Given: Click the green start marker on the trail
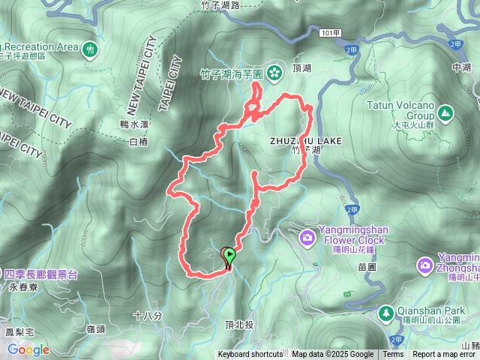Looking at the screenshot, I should tap(228, 256).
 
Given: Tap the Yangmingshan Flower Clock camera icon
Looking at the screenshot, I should tap(307, 238).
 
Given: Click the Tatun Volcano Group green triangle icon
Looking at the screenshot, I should tap(446, 113).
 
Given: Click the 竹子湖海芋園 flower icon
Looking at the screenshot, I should tap(274, 73).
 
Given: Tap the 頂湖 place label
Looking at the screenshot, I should tap(302, 66).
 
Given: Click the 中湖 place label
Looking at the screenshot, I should tap(462, 67).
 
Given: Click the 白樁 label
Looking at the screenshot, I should tap(139, 142).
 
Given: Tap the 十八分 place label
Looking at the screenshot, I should tap(147, 316).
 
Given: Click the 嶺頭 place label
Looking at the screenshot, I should tap(95, 328).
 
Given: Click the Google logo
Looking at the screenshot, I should tap(28, 349).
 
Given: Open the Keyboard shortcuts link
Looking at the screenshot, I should tap(250, 355).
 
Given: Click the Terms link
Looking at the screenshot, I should tap(393, 355).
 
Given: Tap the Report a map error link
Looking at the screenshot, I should tap(445, 355).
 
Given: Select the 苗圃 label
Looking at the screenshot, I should tap(367, 266).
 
